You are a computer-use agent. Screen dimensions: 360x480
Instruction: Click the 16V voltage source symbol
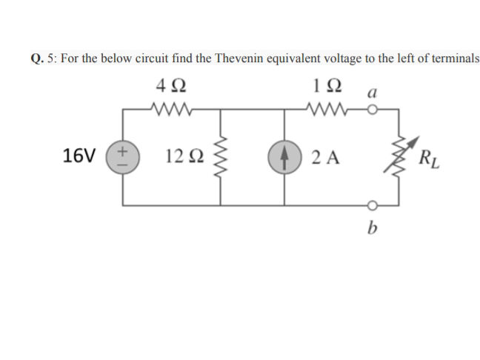tap(122, 157)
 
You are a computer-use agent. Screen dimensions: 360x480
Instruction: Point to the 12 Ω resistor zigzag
tap(221, 158)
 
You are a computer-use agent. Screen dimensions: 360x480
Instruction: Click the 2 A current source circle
tap(284, 157)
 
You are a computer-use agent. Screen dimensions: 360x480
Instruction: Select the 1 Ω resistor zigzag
tap(328, 112)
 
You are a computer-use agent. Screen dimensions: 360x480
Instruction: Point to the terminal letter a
tap(373, 93)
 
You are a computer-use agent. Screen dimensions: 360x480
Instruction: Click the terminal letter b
tap(372, 227)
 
